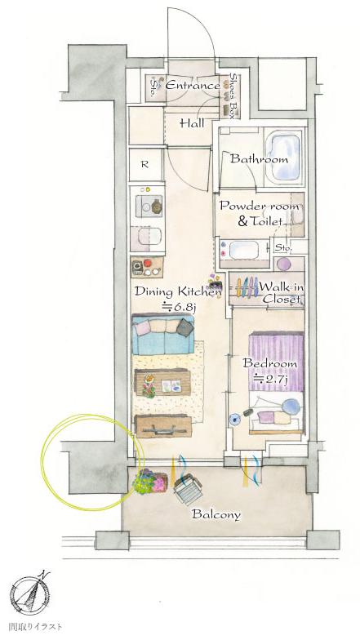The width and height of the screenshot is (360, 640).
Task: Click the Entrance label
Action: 193,86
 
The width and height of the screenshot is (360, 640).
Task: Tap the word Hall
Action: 192,122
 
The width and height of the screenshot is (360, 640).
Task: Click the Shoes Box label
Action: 233,96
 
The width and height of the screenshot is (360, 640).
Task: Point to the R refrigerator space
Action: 144,165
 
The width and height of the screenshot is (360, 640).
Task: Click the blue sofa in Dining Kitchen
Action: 163,335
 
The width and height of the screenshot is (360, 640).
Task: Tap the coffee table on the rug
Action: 162,383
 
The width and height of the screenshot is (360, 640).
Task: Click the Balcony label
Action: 216,514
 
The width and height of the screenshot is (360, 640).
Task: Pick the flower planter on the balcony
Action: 149,482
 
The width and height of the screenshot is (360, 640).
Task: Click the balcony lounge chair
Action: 188,488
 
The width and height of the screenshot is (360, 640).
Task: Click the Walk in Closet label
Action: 282,293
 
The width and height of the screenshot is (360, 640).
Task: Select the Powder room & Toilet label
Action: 260,213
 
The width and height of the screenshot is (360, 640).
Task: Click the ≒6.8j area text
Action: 177,307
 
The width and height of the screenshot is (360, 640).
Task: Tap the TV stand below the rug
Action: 163,426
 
